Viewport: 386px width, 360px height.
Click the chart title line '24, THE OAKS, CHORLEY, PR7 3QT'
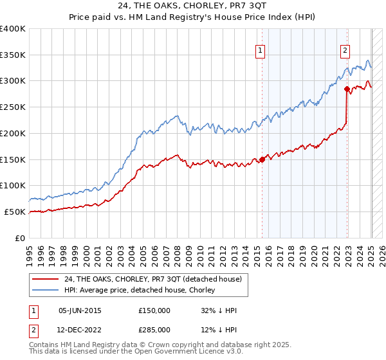pyautogui.click(x=193, y=8)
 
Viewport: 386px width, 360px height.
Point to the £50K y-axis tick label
pyautogui.click(x=15, y=212)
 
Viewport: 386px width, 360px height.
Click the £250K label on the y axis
pyautogui.click(x=13, y=107)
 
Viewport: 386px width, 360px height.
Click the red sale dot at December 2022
pyautogui.click(x=347, y=89)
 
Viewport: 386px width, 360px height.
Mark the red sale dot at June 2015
pyautogui.click(x=262, y=159)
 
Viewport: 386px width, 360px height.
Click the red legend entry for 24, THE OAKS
pyautogui.click(x=152, y=279)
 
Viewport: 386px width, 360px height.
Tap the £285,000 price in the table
pyautogui.click(x=154, y=329)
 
